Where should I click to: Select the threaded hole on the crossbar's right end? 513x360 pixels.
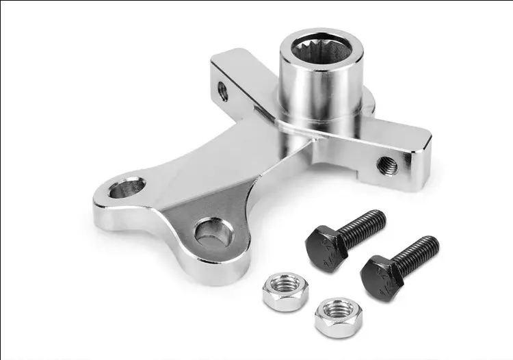386,164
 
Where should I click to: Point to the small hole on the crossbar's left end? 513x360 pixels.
223,90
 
